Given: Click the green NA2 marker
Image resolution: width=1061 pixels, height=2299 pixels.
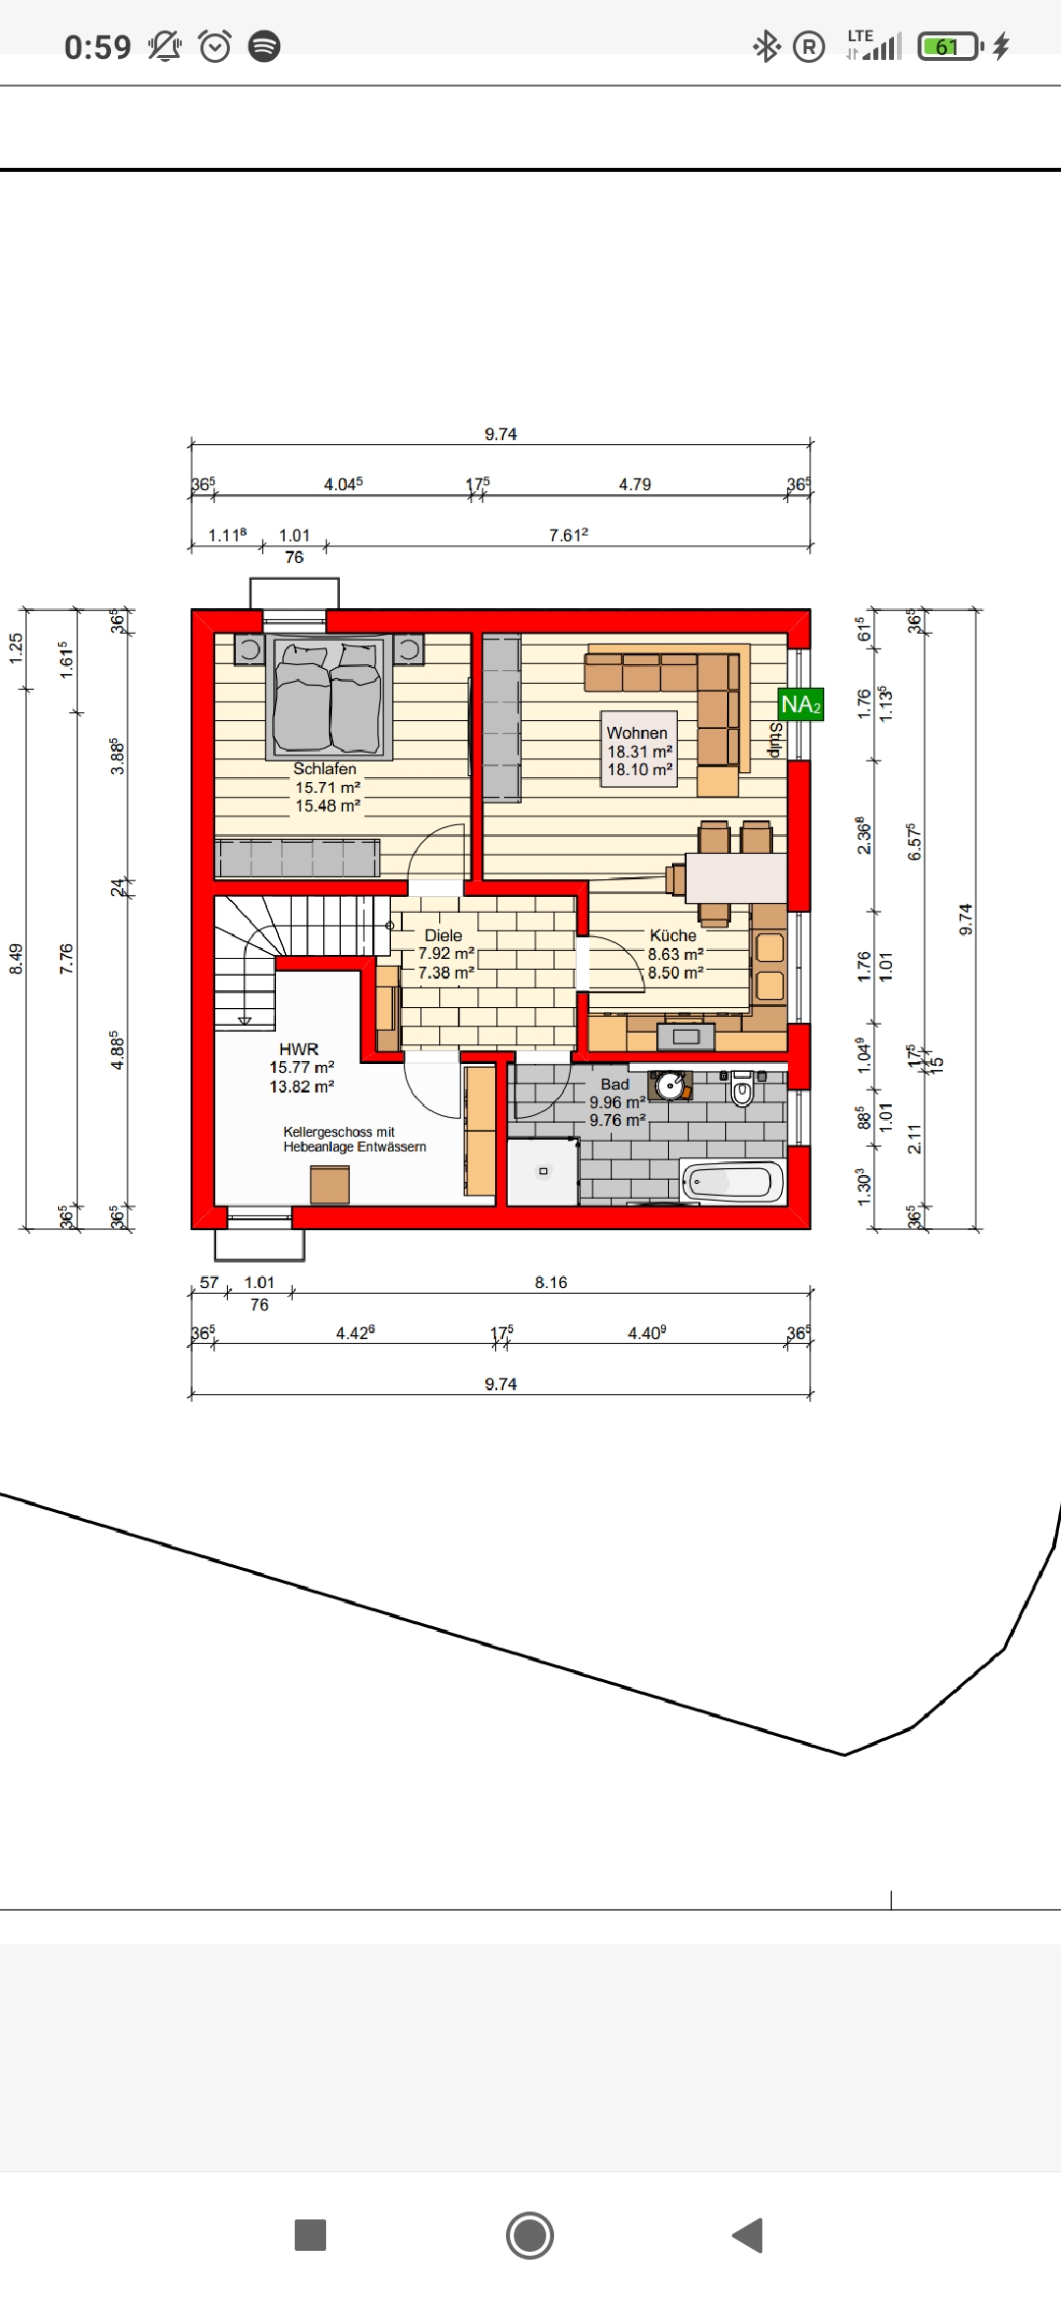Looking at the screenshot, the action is tap(801, 704).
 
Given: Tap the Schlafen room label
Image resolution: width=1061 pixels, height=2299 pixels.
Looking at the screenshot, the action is tap(325, 769).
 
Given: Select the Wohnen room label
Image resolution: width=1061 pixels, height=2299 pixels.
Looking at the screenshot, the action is tap(637, 733).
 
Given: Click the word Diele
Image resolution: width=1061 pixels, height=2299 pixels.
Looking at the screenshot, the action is tap(443, 935).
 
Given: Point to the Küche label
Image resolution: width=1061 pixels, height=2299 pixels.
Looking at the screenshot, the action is tap(673, 935).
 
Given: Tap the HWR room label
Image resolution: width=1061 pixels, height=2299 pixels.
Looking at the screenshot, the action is tap(299, 1049).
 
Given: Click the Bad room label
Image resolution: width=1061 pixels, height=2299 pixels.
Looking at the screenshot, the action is tap(615, 1085).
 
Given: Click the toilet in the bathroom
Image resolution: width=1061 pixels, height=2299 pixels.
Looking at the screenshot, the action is tap(743, 1088).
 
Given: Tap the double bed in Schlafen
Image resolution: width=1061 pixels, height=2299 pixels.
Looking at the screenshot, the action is tap(329, 698).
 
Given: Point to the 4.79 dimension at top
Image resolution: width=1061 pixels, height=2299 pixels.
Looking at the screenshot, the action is tap(635, 484).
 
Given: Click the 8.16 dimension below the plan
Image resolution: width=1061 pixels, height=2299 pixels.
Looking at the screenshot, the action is tap(551, 1282).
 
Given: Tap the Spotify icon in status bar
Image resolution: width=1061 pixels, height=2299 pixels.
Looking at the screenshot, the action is tap(263, 46).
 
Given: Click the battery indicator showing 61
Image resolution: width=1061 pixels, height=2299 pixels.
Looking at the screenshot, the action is tap(950, 46).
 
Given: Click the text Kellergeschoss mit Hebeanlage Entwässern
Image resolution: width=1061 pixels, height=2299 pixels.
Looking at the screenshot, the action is tap(355, 1139).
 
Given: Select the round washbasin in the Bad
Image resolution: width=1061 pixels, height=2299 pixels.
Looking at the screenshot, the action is tap(671, 1086).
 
